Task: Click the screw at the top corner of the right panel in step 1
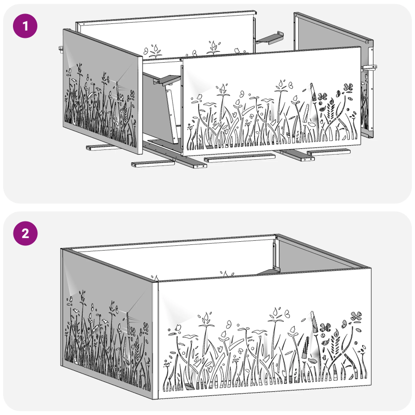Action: (367, 41)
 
